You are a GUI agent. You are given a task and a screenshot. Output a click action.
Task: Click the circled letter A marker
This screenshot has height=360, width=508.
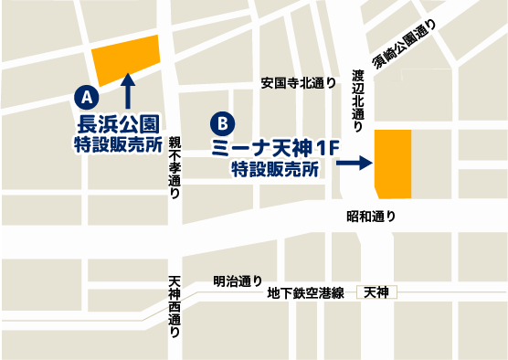click(x=84, y=95)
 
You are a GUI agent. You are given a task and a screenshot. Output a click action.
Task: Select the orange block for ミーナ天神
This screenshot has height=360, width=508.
click(x=393, y=164)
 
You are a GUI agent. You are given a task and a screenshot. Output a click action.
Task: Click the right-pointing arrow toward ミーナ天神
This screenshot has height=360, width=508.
click(x=354, y=164)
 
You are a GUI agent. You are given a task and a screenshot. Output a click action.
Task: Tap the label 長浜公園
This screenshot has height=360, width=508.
click(x=118, y=123)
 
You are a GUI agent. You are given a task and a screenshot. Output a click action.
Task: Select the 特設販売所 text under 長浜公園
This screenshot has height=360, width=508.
click(x=118, y=144)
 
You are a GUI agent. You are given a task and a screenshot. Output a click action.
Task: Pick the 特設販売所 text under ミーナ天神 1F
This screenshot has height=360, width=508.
click(x=274, y=169)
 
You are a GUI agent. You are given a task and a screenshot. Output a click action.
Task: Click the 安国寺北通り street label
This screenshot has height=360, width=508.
click(x=298, y=82)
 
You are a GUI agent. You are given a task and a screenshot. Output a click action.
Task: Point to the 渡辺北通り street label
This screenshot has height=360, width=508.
click(x=358, y=97)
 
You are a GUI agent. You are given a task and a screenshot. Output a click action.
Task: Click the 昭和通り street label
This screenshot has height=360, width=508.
click(x=371, y=217)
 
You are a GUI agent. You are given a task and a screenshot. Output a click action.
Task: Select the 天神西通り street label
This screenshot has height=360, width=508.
click(x=175, y=308)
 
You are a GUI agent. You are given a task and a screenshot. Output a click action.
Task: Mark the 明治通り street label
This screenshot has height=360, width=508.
click(x=237, y=281)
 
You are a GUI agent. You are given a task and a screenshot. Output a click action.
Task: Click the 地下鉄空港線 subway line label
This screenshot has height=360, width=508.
click(x=305, y=293)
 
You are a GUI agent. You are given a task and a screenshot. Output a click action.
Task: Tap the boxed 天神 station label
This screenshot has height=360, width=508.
click(x=376, y=292)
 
